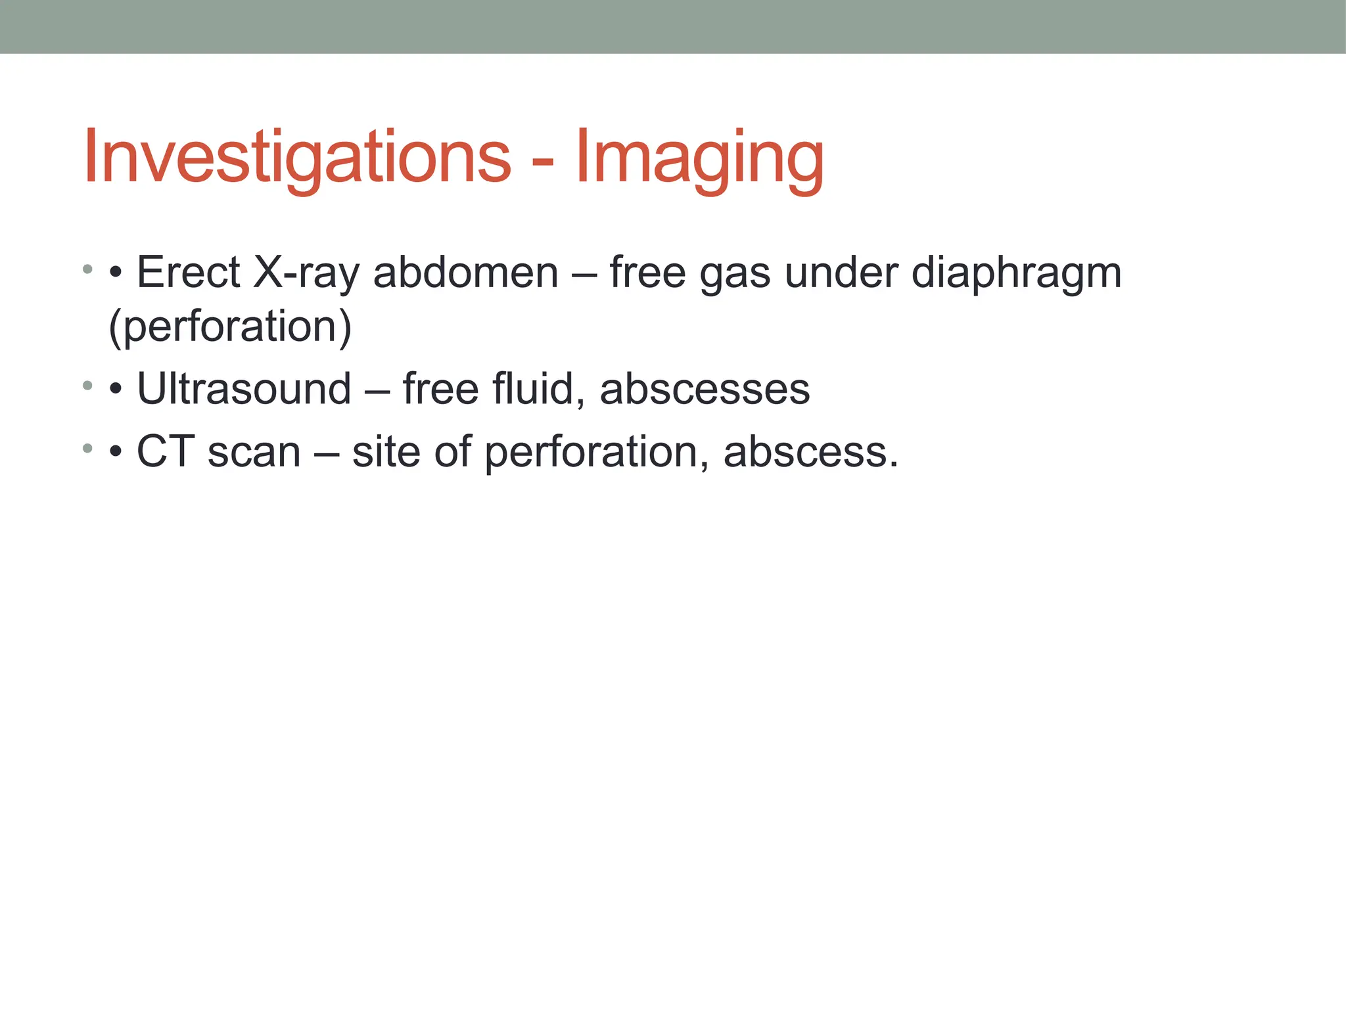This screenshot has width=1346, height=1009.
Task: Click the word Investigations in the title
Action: (297, 158)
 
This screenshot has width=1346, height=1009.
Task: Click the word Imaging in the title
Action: (699, 158)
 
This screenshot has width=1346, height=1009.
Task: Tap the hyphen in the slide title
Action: (542, 162)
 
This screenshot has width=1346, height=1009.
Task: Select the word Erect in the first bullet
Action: (189, 272)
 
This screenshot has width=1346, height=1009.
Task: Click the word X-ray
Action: (306, 272)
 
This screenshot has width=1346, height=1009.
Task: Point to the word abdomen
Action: (465, 272)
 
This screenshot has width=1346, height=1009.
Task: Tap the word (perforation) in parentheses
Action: (230, 327)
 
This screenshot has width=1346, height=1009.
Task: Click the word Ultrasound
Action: (244, 389)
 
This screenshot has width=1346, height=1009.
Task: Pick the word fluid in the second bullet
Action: (538, 389)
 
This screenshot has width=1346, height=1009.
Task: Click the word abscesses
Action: (705, 389)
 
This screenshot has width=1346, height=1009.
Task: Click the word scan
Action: (254, 453)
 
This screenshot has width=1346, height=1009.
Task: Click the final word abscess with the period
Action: (810, 453)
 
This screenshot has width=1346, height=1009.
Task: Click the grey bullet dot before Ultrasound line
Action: (87, 386)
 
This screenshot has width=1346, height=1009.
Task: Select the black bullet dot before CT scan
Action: (116, 453)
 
